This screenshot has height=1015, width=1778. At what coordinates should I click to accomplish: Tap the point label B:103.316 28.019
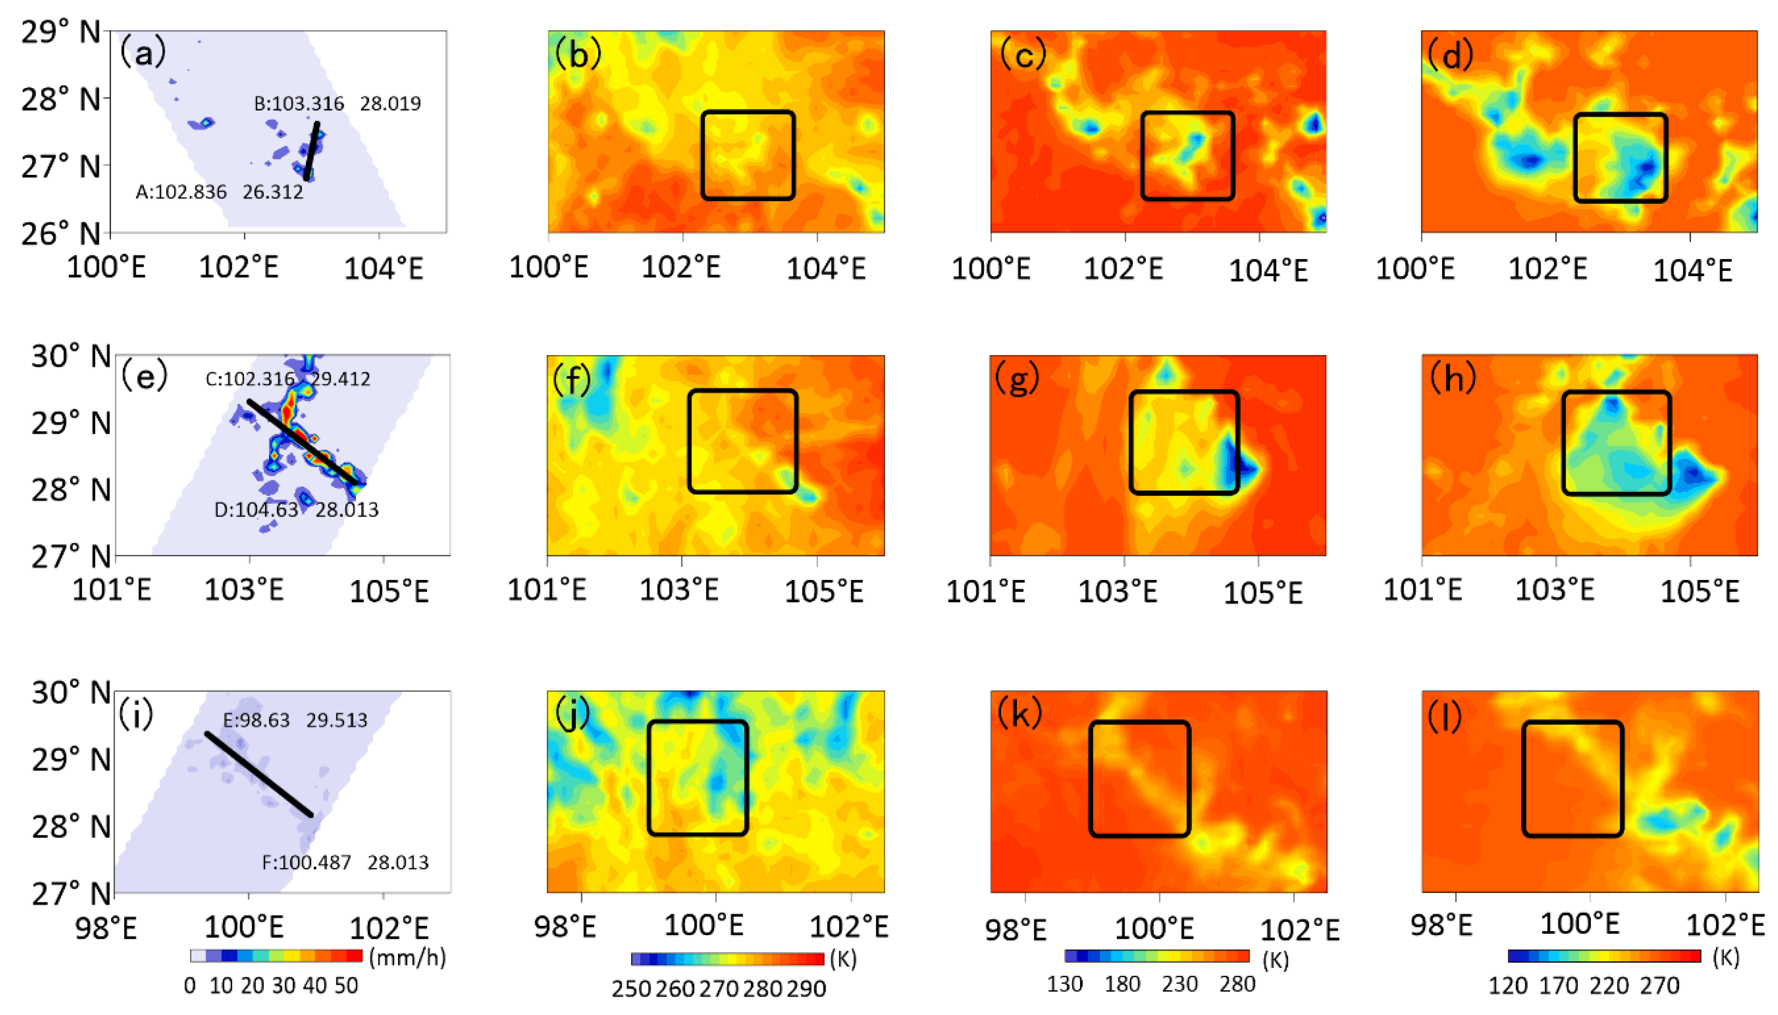(x=337, y=104)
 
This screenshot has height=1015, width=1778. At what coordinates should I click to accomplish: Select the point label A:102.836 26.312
(x=219, y=192)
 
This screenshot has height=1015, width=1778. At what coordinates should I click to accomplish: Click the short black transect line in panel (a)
(x=312, y=151)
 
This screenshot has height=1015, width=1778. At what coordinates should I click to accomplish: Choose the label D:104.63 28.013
(x=296, y=510)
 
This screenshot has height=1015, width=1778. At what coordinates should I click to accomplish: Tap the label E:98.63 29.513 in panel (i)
(x=294, y=720)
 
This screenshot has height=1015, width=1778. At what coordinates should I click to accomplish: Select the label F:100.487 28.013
(x=345, y=862)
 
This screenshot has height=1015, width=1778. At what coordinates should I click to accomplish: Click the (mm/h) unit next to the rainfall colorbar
(x=407, y=957)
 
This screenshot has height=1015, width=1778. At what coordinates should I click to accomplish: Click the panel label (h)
(x=1452, y=378)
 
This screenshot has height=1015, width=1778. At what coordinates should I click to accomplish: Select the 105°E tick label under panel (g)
(x=1262, y=593)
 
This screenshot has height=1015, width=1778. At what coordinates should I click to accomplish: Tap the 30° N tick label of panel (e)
(x=70, y=356)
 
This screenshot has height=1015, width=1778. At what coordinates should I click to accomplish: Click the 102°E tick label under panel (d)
(x=1547, y=269)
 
